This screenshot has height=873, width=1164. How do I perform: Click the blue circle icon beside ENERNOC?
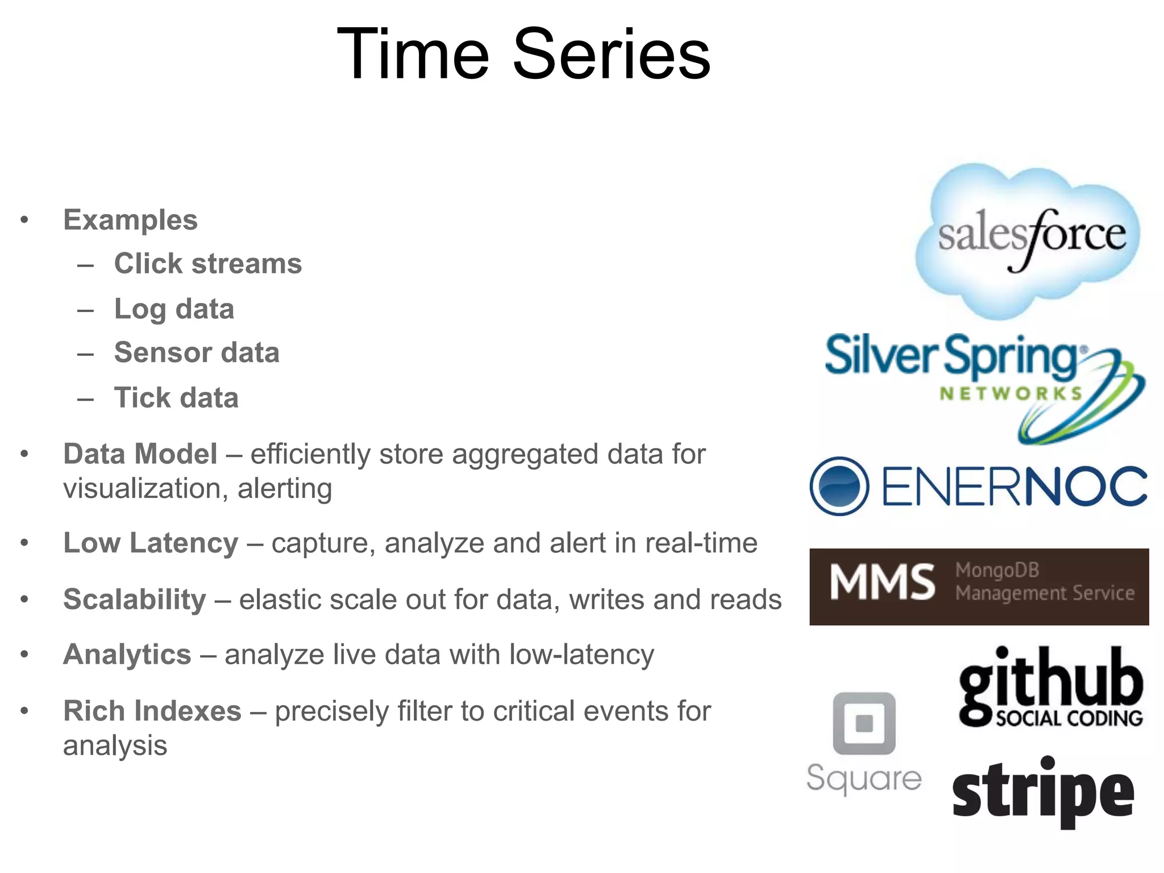pos(839,487)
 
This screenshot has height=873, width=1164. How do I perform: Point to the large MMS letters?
pos(883,582)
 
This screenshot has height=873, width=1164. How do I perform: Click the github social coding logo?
pos(1050,688)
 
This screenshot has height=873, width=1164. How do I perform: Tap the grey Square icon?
pos(864,724)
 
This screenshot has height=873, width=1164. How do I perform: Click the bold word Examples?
pos(130,220)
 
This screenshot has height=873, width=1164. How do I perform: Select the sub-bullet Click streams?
pos(208,264)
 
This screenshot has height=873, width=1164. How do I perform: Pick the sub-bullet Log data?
pos(174,309)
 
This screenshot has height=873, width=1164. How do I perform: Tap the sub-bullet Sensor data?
pos(197,352)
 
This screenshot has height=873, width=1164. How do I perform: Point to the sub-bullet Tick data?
pos(176,398)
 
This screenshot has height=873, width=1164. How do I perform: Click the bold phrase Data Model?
pos(140,454)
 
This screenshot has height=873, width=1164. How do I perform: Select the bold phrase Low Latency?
pos(151,543)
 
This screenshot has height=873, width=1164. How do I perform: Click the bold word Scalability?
pos(135,599)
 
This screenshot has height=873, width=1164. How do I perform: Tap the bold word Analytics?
pos(127,654)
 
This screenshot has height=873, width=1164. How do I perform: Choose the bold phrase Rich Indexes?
pos(152,711)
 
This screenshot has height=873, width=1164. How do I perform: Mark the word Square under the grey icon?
pos(864,778)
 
